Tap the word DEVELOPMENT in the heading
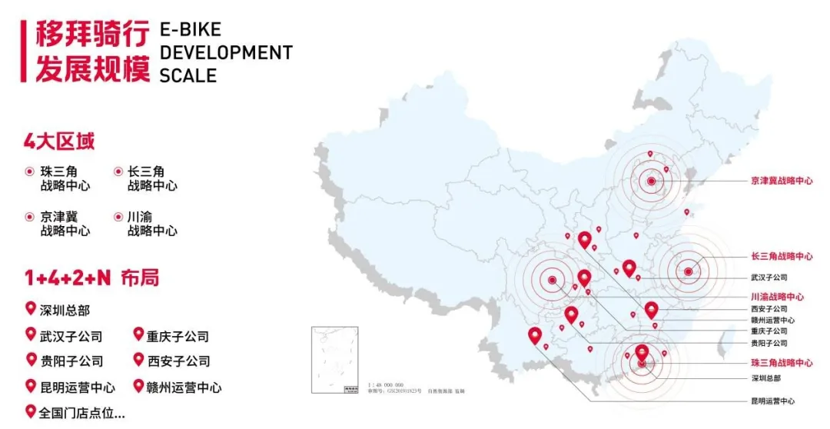226,53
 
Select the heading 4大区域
59,143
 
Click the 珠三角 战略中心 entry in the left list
65,178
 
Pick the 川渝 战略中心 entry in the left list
152,224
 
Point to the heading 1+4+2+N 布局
91,278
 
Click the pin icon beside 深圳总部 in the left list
31,309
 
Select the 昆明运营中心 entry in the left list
77,387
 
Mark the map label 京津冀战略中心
782,181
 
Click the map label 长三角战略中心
782,256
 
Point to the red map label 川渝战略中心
778,296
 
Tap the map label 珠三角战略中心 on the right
782,362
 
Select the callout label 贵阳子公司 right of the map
769,343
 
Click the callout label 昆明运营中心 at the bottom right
773,401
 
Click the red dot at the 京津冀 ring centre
651,181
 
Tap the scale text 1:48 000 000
387,384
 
